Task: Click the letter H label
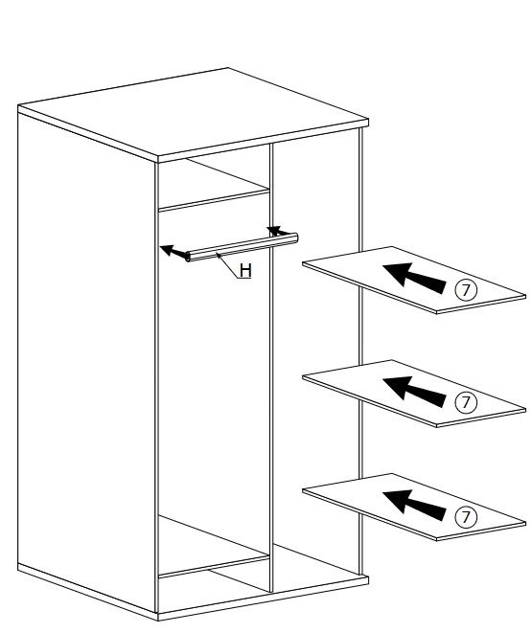(x=245, y=270)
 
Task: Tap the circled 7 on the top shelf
(x=466, y=289)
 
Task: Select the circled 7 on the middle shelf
(x=466, y=402)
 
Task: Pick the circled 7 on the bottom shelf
(x=466, y=516)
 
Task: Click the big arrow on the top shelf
(x=414, y=278)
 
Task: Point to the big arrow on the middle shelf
(x=414, y=391)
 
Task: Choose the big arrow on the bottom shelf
(x=414, y=505)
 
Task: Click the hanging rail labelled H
(x=242, y=247)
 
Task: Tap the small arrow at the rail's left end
(x=174, y=251)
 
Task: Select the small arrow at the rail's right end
(x=279, y=232)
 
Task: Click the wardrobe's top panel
(x=193, y=115)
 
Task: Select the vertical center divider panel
(x=271, y=368)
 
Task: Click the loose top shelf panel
(x=414, y=280)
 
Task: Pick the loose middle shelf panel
(x=414, y=394)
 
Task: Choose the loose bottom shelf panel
(x=414, y=507)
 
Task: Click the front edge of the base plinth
(x=263, y=599)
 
